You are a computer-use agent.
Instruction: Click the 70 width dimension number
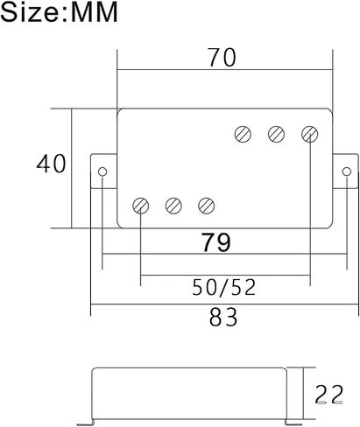click(x=222, y=58)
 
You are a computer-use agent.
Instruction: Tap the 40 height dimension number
click(x=52, y=164)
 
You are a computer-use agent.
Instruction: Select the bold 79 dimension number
click(x=216, y=242)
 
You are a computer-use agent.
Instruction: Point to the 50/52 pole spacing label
click(x=224, y=288)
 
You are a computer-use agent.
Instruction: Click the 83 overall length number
click(x=223, y=318)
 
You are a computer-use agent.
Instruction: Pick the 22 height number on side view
click(x=329, y=395)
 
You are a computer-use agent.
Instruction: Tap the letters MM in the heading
click(x=94, y=12)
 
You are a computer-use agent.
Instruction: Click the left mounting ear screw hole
click(x=102, y=171)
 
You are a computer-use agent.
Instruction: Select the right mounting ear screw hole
click(x=347, y=171)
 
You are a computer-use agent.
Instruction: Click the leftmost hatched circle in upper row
click(x=243, y=134)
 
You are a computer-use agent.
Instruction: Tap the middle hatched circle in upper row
click(x=276, y=134)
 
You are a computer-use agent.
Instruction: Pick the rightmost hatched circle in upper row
click(x=309, y=134)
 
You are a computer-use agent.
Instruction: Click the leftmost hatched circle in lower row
click(x=140, y=206)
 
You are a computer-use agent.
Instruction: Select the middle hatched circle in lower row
click(x=173, y=206)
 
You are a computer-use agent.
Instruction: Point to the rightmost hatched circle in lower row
click(x=207, y=206)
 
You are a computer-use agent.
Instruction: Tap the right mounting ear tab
click(x=346, y=171)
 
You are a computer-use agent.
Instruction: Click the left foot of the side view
click(x=85, y=423)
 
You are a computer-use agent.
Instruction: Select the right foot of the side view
click(x=293, y=423)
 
